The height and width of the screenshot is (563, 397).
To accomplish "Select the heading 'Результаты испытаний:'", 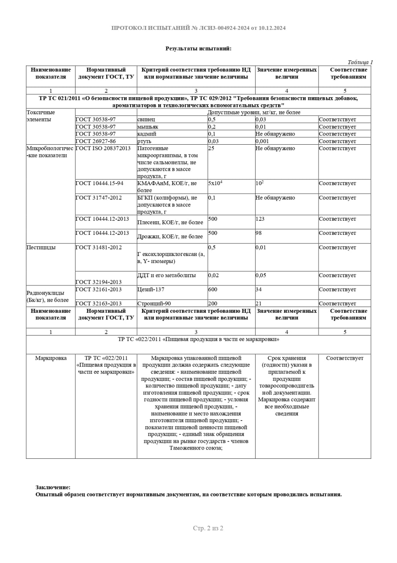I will point(198,48).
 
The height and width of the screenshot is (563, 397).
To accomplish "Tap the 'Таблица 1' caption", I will point(360,62).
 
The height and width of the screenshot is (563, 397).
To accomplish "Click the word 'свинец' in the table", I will point(146,120).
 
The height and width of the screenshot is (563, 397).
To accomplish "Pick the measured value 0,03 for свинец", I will point(261,120).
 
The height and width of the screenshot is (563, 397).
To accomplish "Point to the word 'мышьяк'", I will point(148,127).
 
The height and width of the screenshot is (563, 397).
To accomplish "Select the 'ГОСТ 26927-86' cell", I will point(96,141).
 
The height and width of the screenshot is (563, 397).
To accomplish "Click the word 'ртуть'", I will point(144,141).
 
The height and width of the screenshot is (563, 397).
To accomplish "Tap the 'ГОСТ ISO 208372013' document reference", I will point(103,149).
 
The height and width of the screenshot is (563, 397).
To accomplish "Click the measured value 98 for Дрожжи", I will point(259,233).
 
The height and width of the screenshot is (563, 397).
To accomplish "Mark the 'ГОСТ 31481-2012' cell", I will point(99,248).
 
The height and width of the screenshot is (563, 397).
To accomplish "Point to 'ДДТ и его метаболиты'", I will point(166,276).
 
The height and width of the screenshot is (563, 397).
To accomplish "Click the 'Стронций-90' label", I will point(154,303).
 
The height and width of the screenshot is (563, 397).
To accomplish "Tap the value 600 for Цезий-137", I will point(213,290).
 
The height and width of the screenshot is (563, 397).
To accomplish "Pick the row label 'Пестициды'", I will point(41,248).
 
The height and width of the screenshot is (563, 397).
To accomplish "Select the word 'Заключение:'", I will point(53,487).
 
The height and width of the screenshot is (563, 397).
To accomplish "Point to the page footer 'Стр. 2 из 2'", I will point(208,528).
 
